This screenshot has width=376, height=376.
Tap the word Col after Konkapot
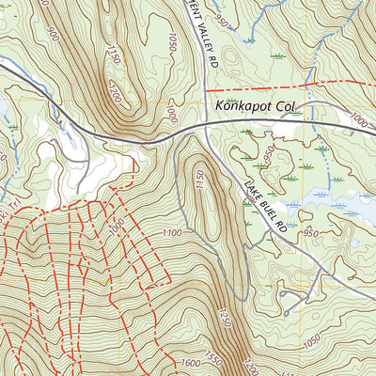287,107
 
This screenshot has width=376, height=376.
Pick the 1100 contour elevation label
171,232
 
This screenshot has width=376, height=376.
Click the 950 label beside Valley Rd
221,16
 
